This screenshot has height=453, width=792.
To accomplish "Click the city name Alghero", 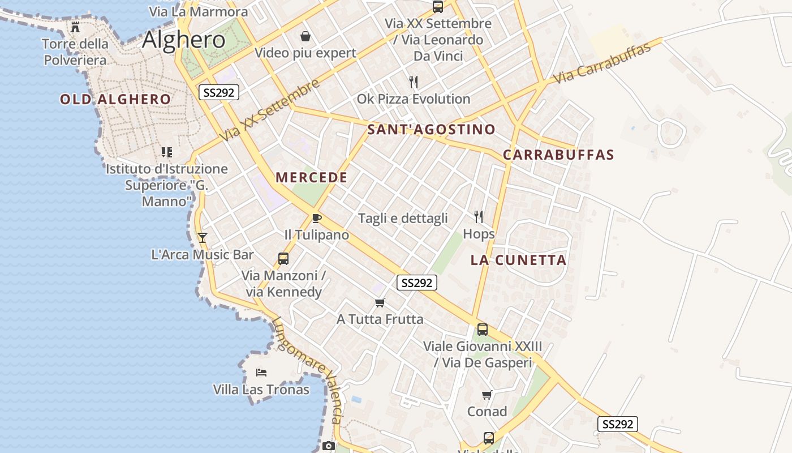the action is click(x=183, y=40).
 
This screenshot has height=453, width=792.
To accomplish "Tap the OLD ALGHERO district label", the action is click(x=115, y=100).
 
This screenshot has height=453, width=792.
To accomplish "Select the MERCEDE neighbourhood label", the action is click(x=311, y=177).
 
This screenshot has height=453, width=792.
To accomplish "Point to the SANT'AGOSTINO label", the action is click(x=431, y=130).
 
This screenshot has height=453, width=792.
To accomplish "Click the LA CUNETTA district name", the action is click(x=518, y=260).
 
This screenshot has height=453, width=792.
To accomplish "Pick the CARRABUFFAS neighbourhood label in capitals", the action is click(x=558, y=155).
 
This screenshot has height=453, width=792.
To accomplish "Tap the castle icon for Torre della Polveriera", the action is click(x=75, y=27).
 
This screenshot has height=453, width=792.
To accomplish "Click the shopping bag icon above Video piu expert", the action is click(x=305, y=37).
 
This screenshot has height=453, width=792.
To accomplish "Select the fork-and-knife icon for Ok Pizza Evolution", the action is click(x=414, y=83).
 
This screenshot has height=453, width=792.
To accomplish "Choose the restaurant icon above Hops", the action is click(x=479, y=217).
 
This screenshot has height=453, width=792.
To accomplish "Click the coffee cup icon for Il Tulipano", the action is click(x=317, y=219).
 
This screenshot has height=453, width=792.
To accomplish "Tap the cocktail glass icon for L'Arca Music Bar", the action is click(x=203, y=238).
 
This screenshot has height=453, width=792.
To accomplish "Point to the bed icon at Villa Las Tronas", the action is click(x=261, y=373).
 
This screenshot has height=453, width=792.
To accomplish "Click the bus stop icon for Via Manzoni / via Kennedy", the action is click(x=283, y=259).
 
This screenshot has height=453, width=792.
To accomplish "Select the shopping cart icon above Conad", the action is click(x=487, y=395).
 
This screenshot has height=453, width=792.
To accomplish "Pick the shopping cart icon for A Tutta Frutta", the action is click(x=380, y=303).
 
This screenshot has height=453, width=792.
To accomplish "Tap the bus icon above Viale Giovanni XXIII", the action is click(x=483, y=330).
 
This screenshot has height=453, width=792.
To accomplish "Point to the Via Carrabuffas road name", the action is click(x=602, y=63).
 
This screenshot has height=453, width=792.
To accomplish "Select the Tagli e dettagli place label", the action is click(x=403, y=219).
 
